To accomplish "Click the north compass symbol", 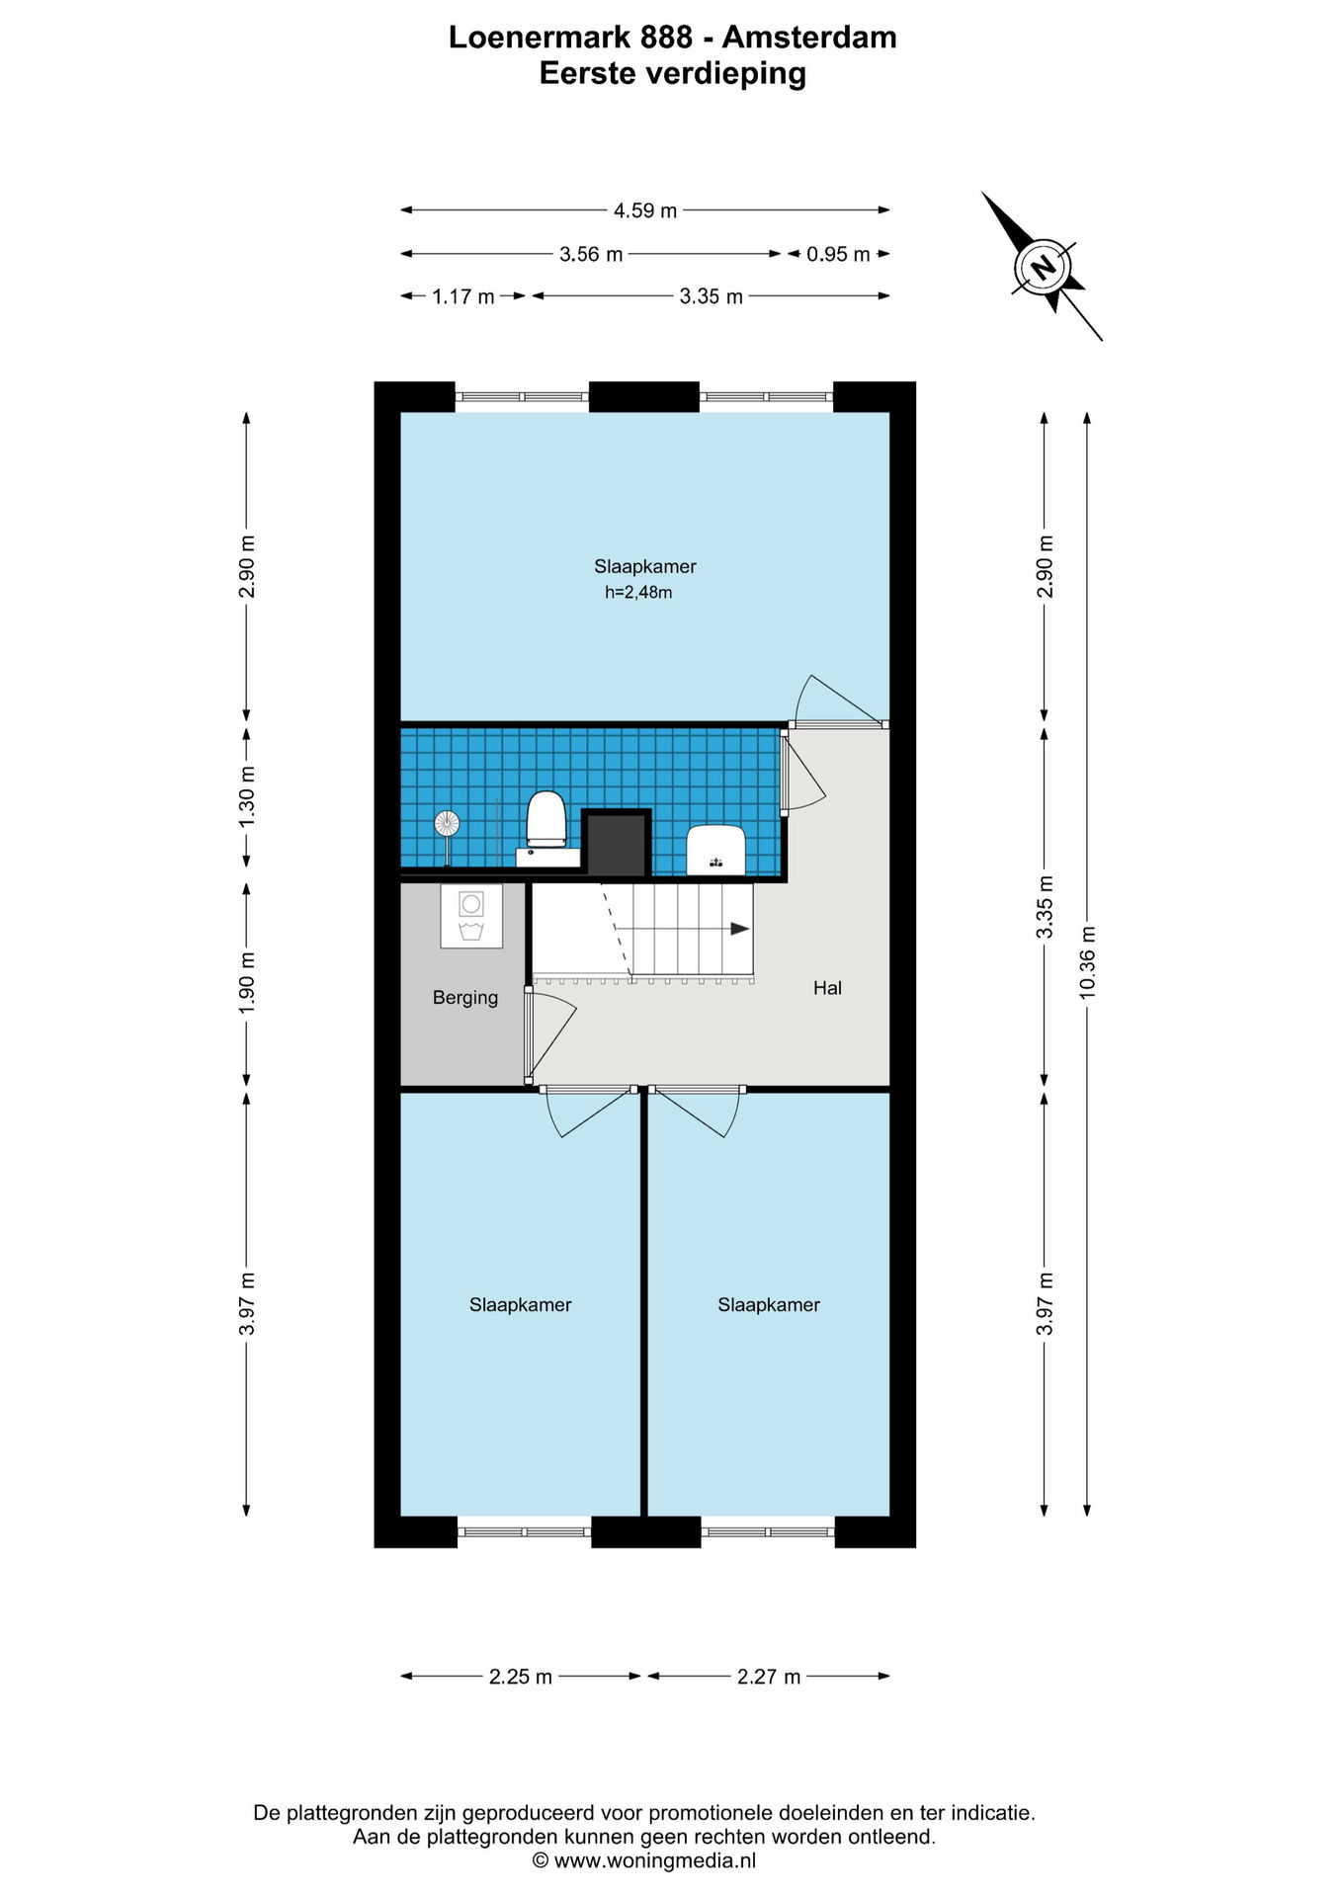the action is (x=1043, y=266).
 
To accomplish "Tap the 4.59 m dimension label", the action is (x=645, y=210).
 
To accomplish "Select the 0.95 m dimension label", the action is (x=838, y=254).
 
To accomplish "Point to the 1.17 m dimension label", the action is (x=463, y=296).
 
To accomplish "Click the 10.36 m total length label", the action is (x=1087, y=962).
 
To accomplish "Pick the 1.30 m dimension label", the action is (x=247, y=797).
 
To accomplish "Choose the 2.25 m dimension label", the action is (x=521, y=1677).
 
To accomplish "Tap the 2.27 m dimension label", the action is (x=769, y=1677).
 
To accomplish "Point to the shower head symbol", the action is (x=447, y=823).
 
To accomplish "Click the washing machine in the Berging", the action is (x=471, y=916).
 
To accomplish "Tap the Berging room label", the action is (x=465, y=998).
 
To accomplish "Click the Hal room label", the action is (x=827, y=988).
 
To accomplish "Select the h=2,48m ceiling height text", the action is (x=638, y=593).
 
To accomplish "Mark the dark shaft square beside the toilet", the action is (x=617, y=844).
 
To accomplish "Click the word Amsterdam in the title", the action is (x=809, y=37).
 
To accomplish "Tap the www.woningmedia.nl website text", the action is (x=655, y=1861).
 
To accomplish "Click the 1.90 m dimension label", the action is (x=247, y=982).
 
